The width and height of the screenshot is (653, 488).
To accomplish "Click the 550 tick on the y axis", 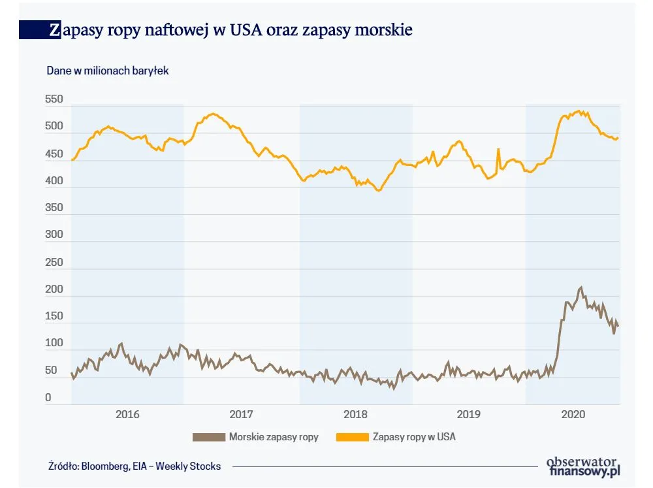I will point(54,100).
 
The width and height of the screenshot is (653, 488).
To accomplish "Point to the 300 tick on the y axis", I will point(54,235).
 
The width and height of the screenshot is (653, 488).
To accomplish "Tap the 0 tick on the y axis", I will point(48,398).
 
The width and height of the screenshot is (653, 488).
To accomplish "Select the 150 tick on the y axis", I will point(54,316).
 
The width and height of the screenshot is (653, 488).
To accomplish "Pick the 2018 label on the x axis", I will point(355,414).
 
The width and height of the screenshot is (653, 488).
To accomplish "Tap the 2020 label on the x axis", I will point(573,414).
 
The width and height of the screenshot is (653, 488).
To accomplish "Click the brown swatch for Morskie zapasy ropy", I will point(208,437).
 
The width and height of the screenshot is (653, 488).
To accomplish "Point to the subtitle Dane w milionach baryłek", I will point(108,71).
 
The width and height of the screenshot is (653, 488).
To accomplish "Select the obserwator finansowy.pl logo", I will point(583,465).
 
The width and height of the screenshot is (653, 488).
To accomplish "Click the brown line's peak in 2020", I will point(581,287).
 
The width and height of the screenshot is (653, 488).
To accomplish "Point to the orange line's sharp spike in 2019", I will point(498,149).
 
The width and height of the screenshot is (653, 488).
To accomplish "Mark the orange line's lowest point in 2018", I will point(378,191).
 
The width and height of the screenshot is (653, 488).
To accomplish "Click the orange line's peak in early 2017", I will point(212,114).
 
